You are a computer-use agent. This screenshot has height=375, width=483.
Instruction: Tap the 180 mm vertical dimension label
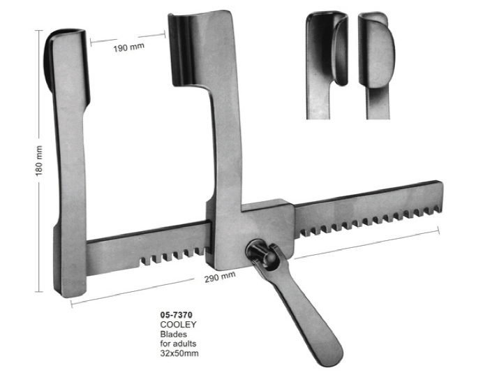tap(40, 161)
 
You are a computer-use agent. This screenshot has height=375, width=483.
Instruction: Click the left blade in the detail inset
tap(328, 49)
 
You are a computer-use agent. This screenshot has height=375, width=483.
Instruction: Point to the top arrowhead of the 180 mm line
tap(38, 31)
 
